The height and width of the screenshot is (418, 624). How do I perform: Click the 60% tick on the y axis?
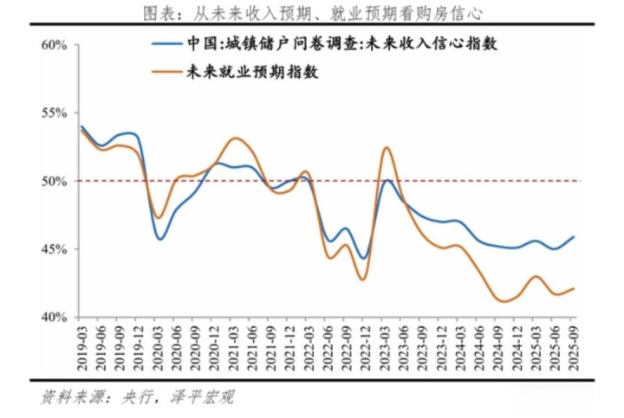tap(55, 45)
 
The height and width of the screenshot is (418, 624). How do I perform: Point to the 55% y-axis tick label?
tap(55, 113)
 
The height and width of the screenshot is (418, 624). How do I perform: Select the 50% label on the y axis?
tap(55, 182)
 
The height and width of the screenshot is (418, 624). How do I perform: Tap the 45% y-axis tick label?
tap(55, 249)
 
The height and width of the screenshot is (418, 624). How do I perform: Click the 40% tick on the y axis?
tap(55, 318)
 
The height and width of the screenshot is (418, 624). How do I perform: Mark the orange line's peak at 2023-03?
tap(386, 148)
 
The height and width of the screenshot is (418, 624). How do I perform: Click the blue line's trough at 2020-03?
tap(160, 239)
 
